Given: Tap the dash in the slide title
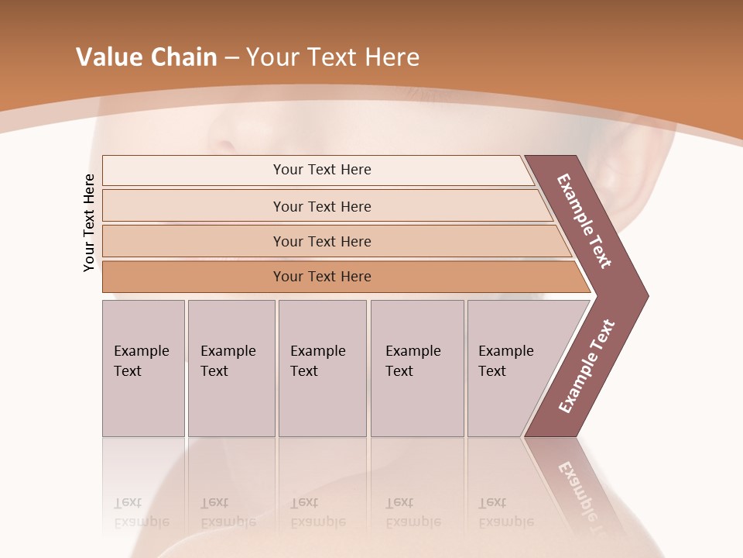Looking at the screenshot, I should click(x=231, y=58).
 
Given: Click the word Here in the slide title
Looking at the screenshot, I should click(x=392, y=57).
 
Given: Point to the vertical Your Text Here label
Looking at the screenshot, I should click(x=89, y=222).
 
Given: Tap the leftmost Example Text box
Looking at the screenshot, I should click(x=143, y=368).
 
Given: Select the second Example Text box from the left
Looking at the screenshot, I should click(x=231, y=368).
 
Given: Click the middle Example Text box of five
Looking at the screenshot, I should click(x=322, y=368).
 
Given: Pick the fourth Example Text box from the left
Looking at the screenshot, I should click(x=417, y=368).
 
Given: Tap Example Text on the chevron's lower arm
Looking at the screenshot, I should click(x=587, y=366).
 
